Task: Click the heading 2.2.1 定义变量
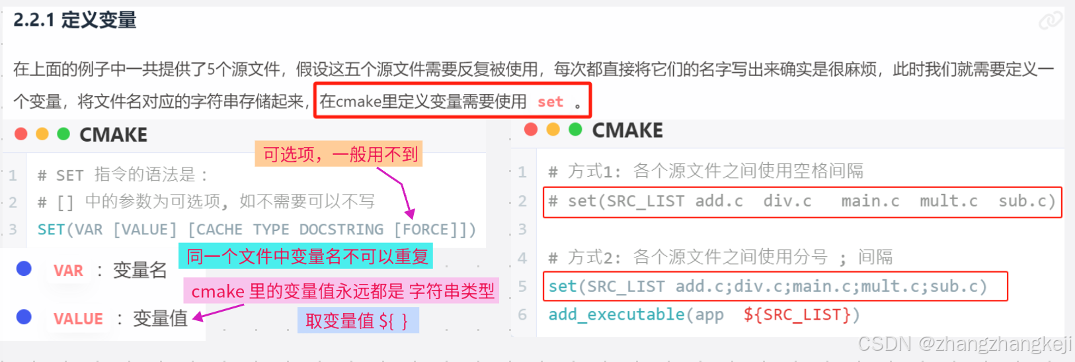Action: point(75,21)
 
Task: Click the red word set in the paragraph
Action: point(550,102)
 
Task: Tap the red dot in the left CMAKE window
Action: point(21,134)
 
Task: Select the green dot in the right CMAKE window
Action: point(575,130)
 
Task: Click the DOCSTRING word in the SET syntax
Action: point(341,230)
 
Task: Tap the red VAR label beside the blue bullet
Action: point(69,271)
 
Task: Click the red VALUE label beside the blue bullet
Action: point(78,319)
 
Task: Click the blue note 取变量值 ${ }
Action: point(357,321)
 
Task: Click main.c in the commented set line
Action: point(870,201)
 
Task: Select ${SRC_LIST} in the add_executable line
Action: point(801,314)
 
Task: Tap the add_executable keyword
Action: point(616,314)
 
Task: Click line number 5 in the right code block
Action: point(522,287)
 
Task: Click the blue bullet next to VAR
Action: point(24,269)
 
